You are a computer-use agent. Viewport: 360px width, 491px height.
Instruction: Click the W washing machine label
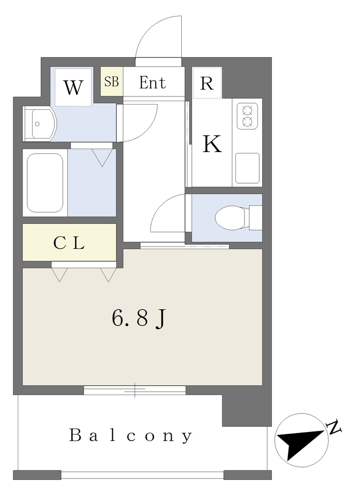[73, 87]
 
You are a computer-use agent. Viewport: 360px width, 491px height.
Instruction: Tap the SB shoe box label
[111, 82]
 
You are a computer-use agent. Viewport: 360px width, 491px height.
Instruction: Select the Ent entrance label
[152, 82]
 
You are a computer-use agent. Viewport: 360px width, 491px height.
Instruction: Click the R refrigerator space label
[207, 83]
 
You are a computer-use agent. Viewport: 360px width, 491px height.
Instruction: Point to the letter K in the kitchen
[212, 144]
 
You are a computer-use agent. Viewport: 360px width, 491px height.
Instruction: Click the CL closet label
[69, 243]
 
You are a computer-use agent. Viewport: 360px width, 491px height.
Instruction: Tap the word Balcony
[130, 435]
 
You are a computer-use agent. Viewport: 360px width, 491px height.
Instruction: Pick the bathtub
[45, 182]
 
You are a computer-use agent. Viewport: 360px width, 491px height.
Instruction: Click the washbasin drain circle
[37, 124]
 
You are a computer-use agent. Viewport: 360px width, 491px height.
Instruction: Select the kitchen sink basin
[247, 168]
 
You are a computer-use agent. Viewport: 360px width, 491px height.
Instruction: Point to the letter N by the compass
[334, 427]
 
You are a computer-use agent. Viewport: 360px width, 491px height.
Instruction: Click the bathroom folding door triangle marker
[102, 157]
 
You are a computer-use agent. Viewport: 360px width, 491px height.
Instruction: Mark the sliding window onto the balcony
[135, 390]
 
